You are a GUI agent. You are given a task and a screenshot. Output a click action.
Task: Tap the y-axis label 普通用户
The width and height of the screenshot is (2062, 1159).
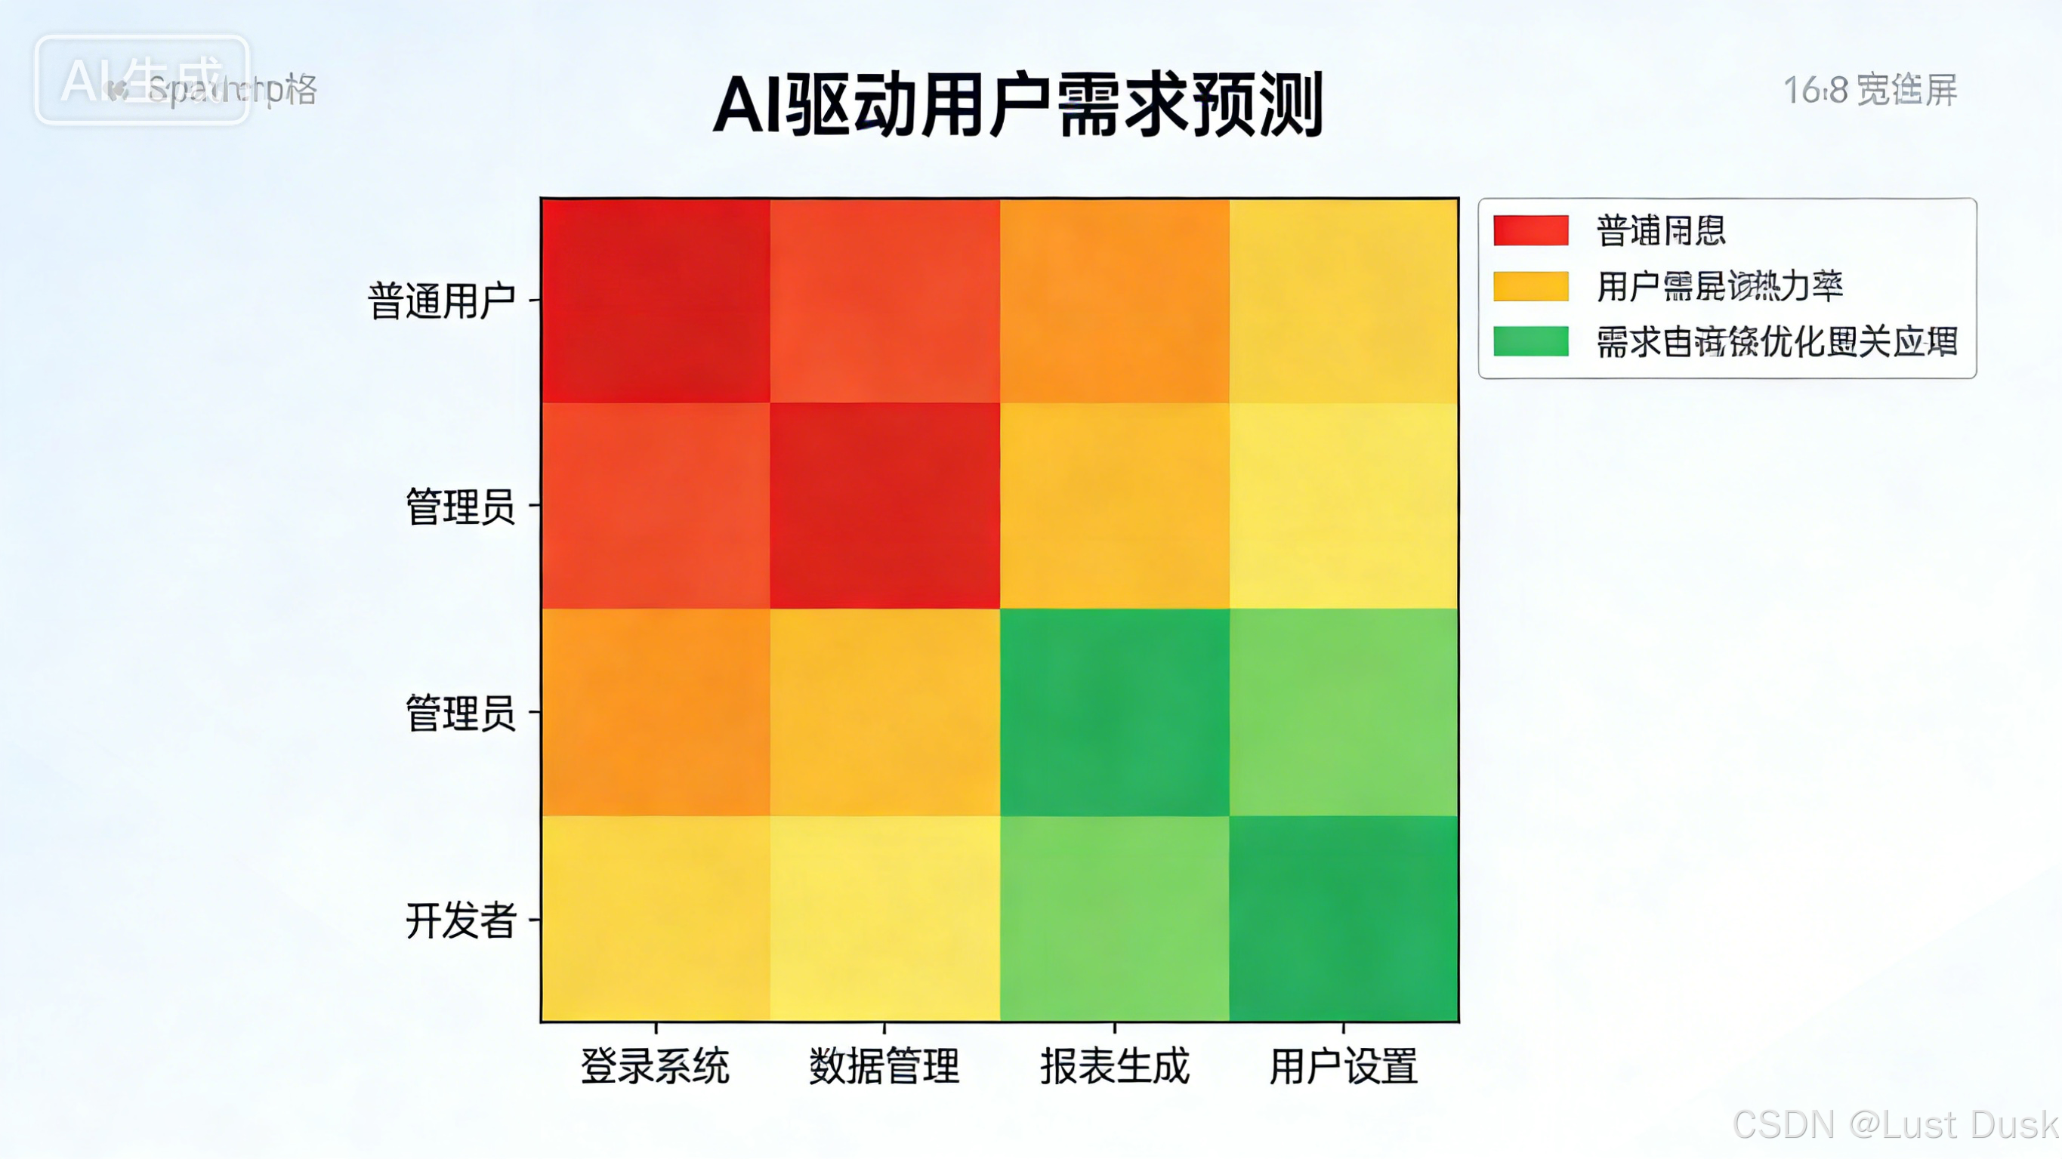point(442,301)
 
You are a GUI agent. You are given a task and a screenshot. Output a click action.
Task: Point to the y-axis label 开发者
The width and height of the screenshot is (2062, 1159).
point(461,920)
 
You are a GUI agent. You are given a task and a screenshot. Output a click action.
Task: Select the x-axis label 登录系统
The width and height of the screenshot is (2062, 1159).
point(655,1066)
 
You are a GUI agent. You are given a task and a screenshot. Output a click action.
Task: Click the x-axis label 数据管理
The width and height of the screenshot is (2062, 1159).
point(884,1066)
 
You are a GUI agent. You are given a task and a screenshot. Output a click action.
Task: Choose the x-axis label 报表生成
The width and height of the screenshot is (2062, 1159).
point(1114,1066)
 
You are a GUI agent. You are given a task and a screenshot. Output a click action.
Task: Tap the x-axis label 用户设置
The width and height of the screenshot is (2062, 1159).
point(1343,1066)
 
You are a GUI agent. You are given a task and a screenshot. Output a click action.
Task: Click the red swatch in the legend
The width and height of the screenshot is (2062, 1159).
point(1530,230)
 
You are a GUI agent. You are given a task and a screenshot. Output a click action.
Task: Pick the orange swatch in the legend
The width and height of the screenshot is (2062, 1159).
point(1530,285)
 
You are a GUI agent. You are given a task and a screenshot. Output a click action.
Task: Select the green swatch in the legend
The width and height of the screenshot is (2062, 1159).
point(1530,341)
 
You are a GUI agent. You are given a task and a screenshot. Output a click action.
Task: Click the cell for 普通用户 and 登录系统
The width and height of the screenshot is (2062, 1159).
point(656,301)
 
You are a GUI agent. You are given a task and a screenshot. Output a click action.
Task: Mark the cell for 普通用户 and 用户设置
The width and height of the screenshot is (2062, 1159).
point(1343,301)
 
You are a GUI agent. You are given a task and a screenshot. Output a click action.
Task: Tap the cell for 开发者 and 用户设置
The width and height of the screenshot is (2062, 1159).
point(1343,919)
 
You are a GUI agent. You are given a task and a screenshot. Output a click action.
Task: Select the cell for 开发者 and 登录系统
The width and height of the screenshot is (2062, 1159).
point(656,919)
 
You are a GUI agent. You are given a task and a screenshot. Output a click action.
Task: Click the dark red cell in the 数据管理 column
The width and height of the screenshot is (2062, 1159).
point(884,506)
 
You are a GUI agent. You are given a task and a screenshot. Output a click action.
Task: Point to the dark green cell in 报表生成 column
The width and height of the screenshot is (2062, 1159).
point(1114,712)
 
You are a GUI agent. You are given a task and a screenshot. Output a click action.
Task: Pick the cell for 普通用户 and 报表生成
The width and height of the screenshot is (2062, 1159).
point(1114,301)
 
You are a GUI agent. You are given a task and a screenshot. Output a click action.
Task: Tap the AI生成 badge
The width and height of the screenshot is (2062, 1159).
point(142,79)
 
